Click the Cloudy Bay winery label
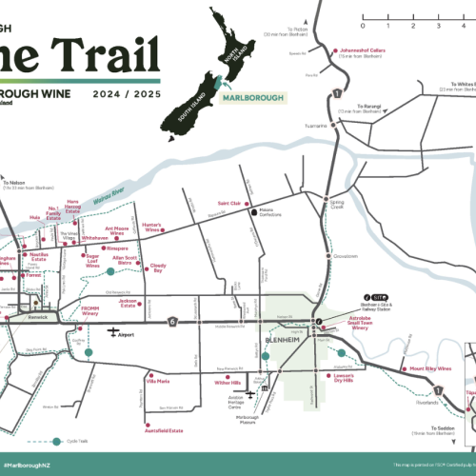click(158, 270)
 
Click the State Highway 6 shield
click(172, 321)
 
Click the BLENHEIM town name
click(285, 339)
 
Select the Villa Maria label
click(157, 381)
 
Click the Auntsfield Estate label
click(163, 430)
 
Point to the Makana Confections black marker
click(253, 212)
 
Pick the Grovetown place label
click(346, 255)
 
